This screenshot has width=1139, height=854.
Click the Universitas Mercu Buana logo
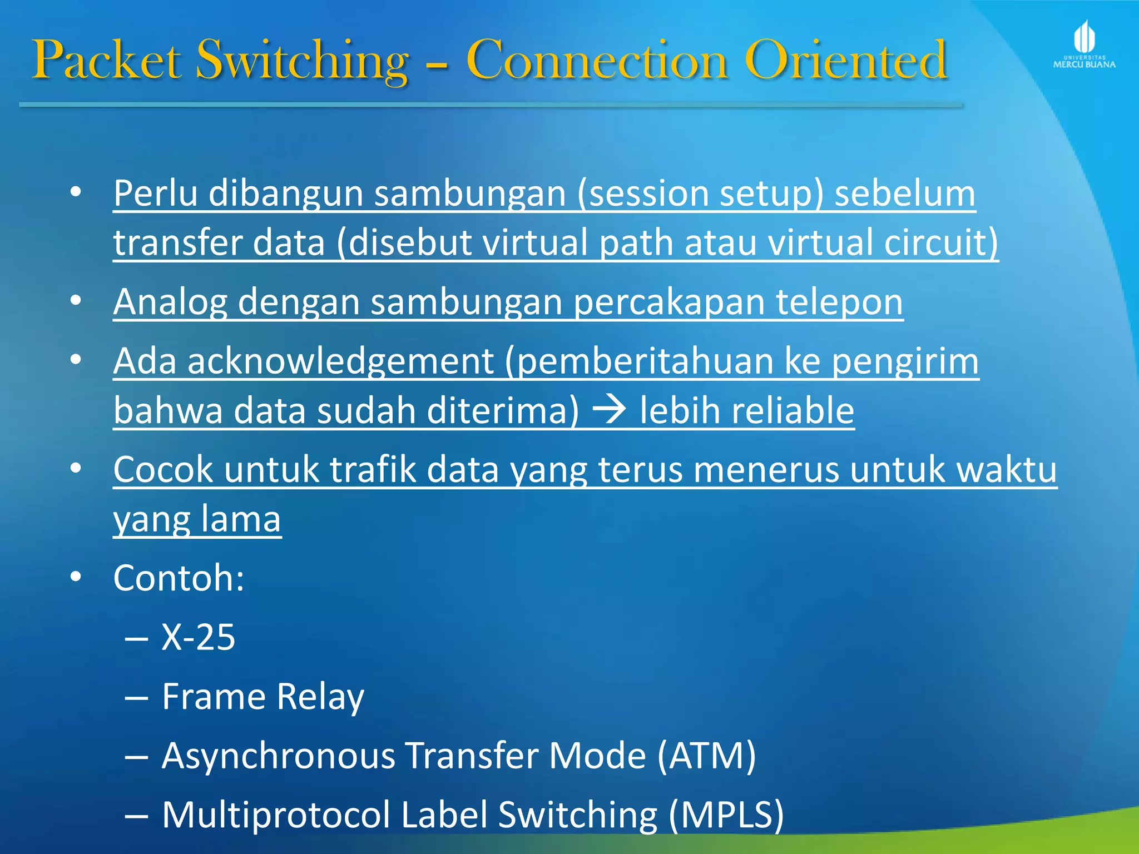click(x=1084, y=44)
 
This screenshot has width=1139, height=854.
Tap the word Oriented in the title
click(x=845, y=60)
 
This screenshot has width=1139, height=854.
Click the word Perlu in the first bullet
click(x=155, y=193)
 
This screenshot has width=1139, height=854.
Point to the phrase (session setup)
click(x=700, y=193)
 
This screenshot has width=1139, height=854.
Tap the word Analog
click(x=170, y=302)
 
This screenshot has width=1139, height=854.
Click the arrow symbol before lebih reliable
click(x=610, y=410)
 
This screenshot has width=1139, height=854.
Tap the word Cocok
click(x=163, y=469)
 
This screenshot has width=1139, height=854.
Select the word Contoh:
click(x=179, y=578)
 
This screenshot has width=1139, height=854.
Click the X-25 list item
click(x=198, y=637)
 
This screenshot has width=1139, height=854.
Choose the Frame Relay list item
click(x=263, y=696)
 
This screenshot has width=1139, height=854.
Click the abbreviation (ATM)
click(x=706, y=756)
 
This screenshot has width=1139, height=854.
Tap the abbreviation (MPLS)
click(x=726, y=815)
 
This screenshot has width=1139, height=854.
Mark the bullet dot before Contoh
click(x=76, y=577)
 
